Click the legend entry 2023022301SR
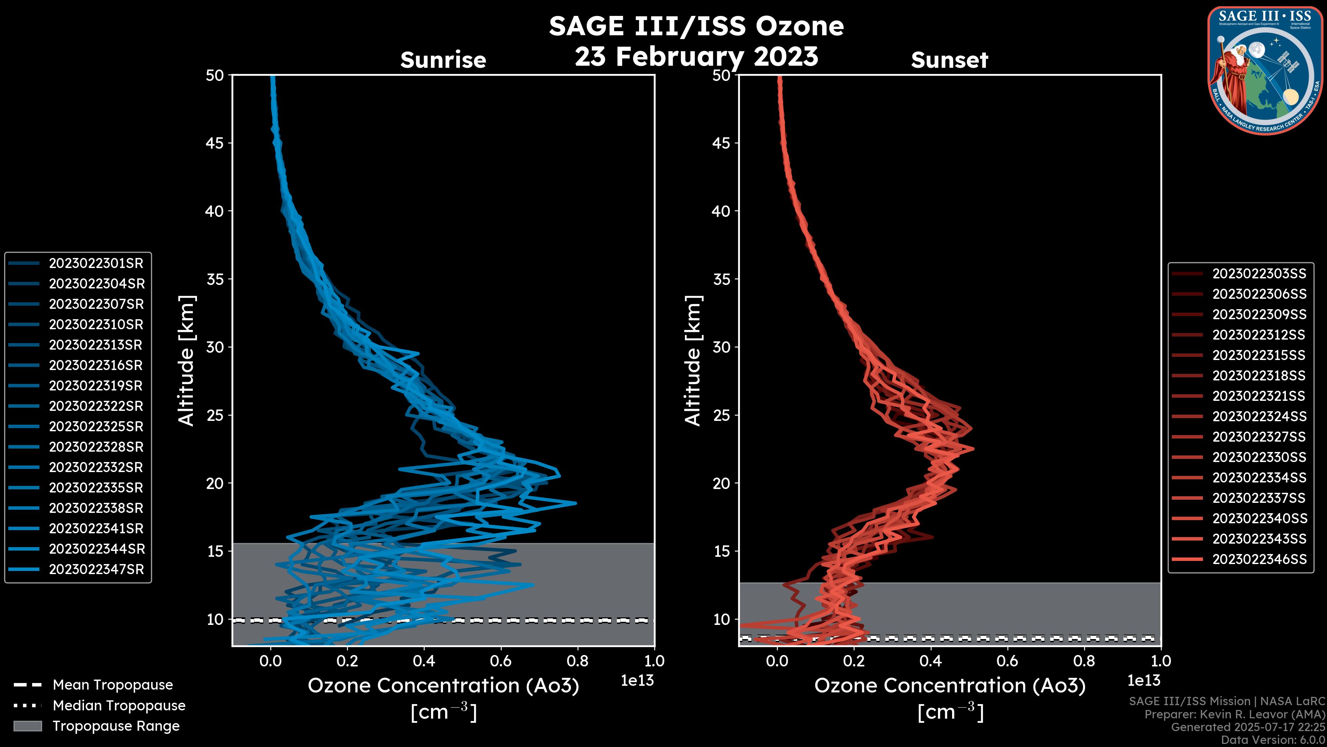click(x=96, y=264)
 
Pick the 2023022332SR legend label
click(x=96, y=468)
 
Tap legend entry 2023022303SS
click(x=1259, y=274)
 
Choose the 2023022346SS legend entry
click(x=1259, y=559)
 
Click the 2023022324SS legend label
click(x=1259, y=416)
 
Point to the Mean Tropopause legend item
click(x=112, y=685)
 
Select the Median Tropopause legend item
click(x=119, y=706)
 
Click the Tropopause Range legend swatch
click(x=28, y=726)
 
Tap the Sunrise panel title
click(x=443, y=60)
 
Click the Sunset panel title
click(x=949, y=60)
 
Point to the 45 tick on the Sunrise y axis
click(x=215, y=143)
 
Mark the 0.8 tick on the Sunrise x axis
click(x=577, y=661)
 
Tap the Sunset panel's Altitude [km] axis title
click(x=693, y=361)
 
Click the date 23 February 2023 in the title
click(x=696, y=57)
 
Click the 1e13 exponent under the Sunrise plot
click(x=637, y=681)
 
